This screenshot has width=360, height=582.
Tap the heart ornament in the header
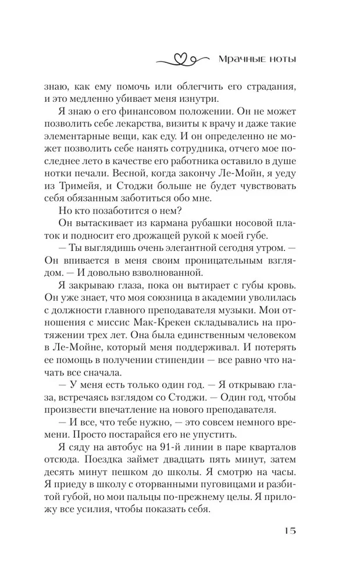[x=181, y=59]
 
